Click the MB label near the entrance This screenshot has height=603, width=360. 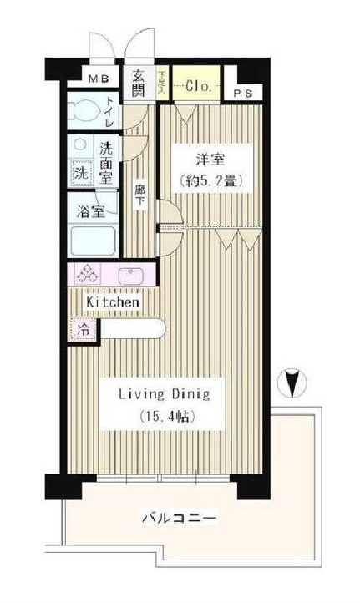pos(100,80)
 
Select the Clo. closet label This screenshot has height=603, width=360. pos(198,85)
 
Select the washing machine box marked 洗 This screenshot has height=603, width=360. pos(80,174)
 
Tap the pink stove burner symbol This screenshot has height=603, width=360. pos(88,275)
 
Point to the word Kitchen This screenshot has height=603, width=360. pos(112,301)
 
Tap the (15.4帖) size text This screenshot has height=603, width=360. pos(164,416)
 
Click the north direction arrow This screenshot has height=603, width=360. pos(291,382)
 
